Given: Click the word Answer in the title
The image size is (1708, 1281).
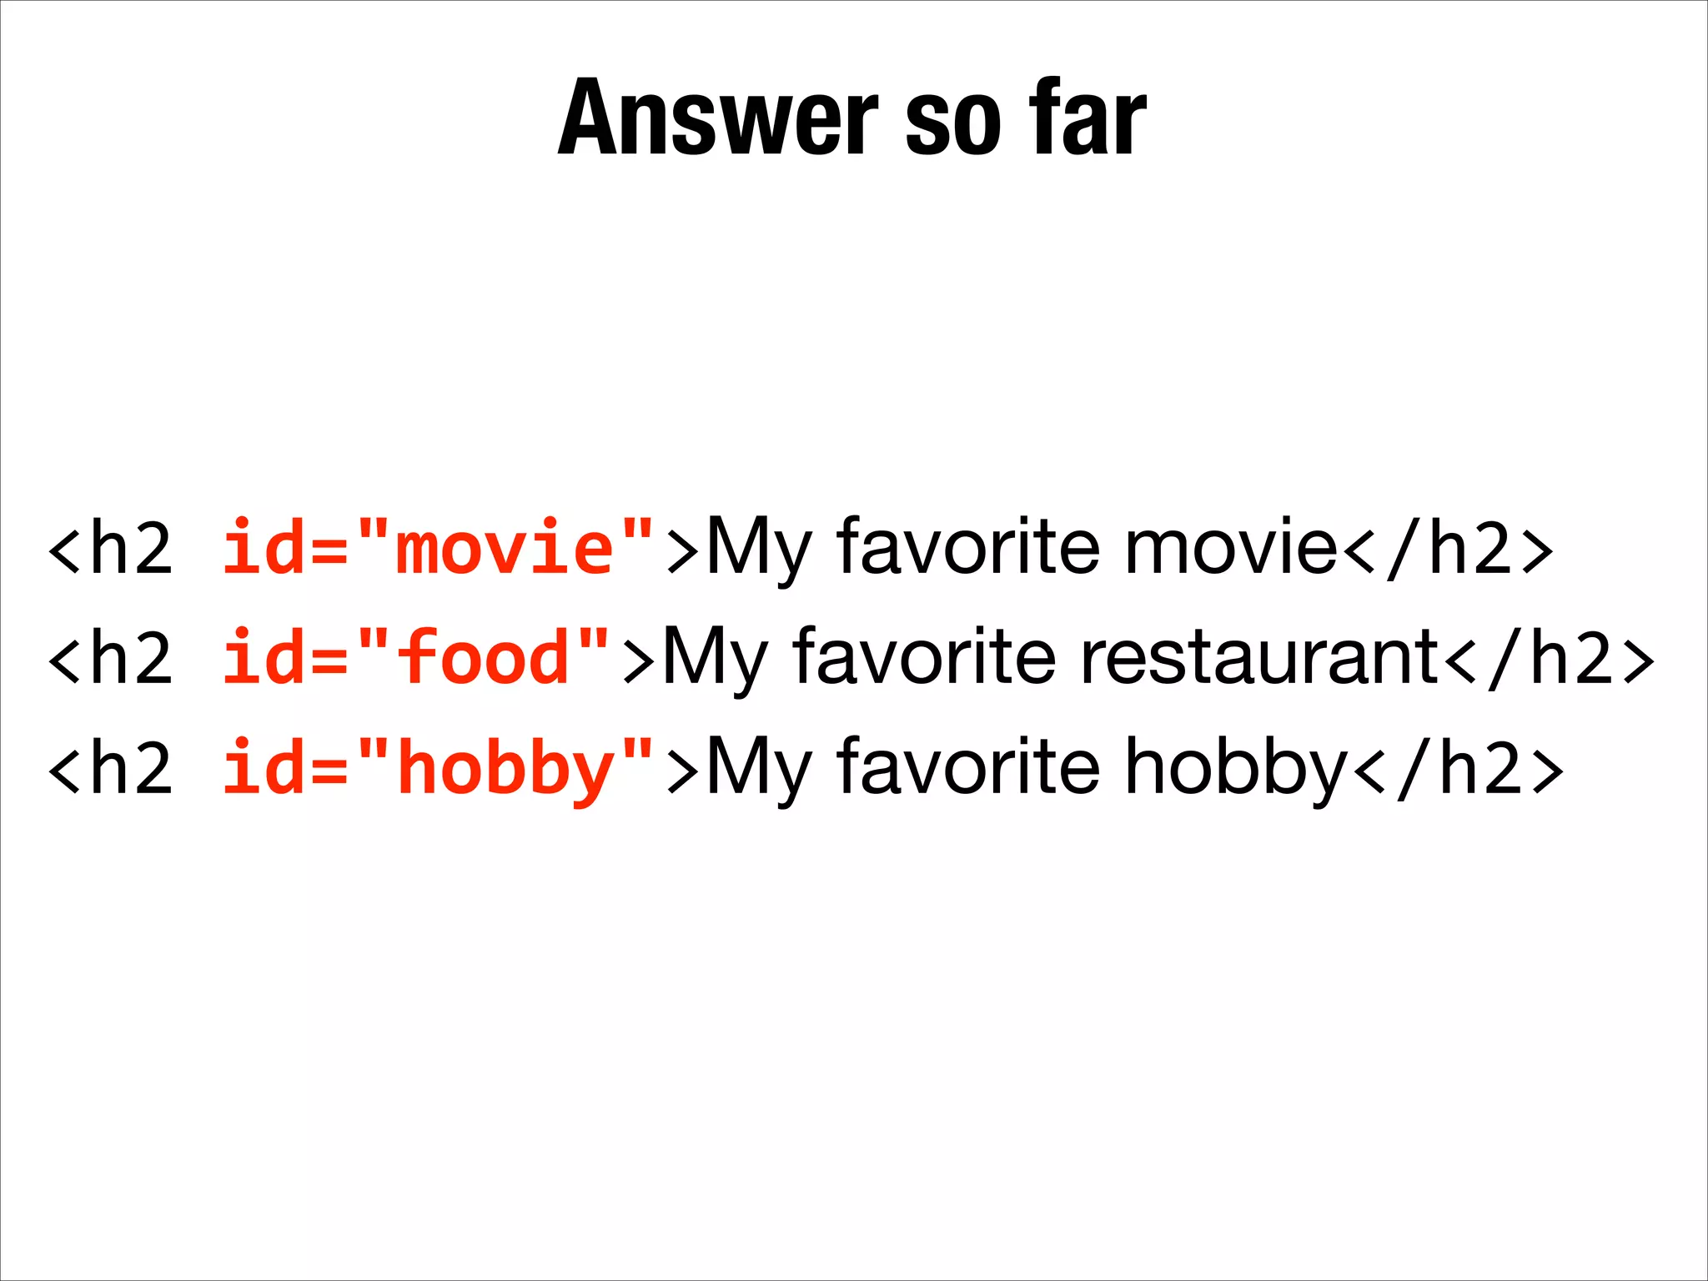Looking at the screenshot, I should (x=718, y=118).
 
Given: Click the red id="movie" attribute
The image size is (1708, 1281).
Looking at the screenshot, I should (x=438, y=547).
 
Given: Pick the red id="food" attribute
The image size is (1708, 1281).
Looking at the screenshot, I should (x=416, y=657).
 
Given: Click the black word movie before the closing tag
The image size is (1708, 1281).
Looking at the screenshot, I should (x=1231, y=547).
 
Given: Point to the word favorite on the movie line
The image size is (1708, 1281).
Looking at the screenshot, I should (x=968, y=547).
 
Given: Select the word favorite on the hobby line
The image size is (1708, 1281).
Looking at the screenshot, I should (x=968, y=767).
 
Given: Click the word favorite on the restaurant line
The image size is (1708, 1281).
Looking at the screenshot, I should (x=925, y=657).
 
